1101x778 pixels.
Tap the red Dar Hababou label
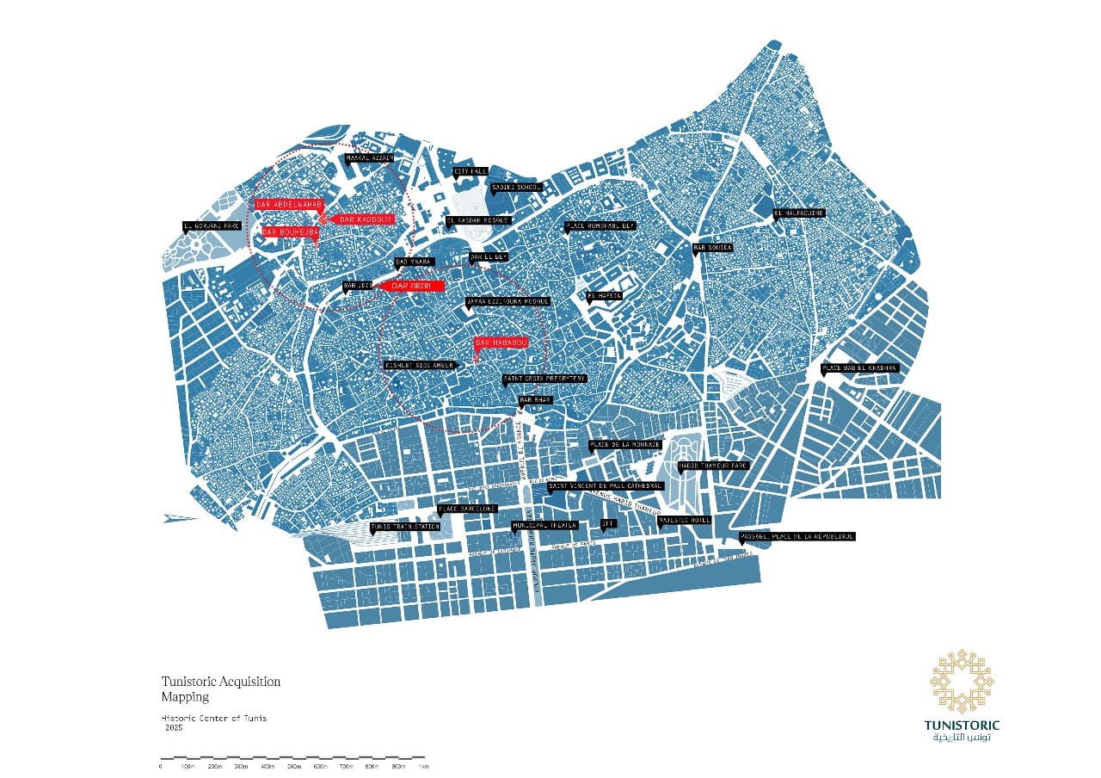tap(501, 343)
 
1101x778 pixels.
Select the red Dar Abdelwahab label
tap(288, 204)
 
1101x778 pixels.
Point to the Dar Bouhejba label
tap(291, 232)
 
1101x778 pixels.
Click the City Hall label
tap(471, 172)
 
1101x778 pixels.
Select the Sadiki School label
tap(515, 187)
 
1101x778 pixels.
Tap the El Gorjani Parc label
tap(212, 227)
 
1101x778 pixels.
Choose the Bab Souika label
tap(713, 248)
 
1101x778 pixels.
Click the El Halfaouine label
tap(799, 213)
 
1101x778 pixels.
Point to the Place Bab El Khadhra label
tap(860, 368)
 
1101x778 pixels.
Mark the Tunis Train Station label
tap(405, 527)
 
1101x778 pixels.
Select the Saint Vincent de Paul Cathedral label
tap(606, 485)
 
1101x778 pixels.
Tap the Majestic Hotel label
tap(685, 520)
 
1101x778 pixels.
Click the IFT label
tap(608, 522)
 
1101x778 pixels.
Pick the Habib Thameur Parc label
tap(714, 466)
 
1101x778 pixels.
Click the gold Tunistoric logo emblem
tap(963, 682)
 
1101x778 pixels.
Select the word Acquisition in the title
tap(249, 682)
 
